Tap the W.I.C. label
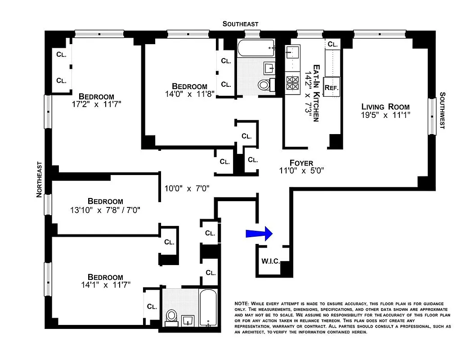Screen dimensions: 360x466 coord(270,261)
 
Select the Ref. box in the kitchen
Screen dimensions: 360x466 coord(332,88)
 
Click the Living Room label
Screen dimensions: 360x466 coord(385,107)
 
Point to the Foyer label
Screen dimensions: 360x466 coord(301,163)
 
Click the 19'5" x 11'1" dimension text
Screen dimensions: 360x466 coord(386,115)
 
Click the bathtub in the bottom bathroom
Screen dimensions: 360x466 coord(208,308)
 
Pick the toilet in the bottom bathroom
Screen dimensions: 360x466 coord(171,315)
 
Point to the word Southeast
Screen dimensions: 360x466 coord(241,24)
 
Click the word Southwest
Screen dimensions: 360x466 coord(442,111)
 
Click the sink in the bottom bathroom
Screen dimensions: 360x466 coord(187,320)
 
